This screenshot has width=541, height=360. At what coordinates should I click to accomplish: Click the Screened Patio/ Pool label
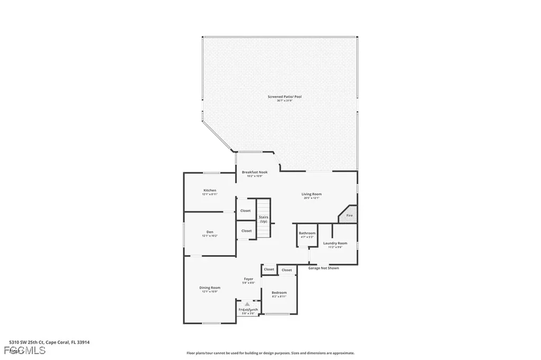pyautogui.click(x=285, y=97)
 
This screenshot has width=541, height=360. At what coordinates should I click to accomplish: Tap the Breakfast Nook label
pyautogui.click(x=255, y=173)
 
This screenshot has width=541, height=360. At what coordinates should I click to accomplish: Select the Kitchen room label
pyautogui.click(x=210, y=191)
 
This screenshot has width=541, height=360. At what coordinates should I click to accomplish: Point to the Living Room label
pyautogui.click(x=312, y=194)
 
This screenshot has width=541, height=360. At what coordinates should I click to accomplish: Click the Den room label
pyautogui.click(x=210, y=233)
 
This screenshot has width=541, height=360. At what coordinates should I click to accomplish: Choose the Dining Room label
pyautogui.click(x=210, y=288)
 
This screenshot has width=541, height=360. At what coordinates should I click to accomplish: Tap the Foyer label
pyautogui.click(x=248, y=279)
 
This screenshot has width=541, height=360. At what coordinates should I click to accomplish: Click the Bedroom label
pyautogui.click(x=279, y=293)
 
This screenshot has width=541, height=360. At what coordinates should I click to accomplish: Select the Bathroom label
pyautogui.click(x=307, y=233)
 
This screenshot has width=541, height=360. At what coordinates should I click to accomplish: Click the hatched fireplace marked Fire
pyautogui.click(x=349, y=215)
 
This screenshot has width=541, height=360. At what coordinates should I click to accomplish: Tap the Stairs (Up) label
pyautogui.click(x=263, y=219)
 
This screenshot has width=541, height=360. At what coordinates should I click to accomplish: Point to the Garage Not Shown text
pyautogui.click(x=323, y=268)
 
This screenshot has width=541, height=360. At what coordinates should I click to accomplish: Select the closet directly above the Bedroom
pyautogui.click(x=287, y=270)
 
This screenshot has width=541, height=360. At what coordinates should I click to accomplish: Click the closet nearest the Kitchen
pyautogui.click(x=246, y=211)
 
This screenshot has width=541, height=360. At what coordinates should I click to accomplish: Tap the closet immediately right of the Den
pyautogui.click(x=247, y=231)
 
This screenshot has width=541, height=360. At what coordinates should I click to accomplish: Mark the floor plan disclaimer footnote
pyautogui.click(x=270, y=353)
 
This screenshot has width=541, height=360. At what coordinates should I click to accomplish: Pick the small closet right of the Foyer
pyautogui.click(x=269, y=269)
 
